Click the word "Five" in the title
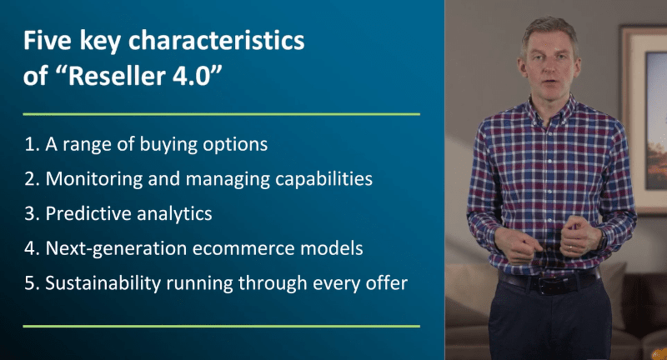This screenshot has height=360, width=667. pyautogui.click(x=48, y=40)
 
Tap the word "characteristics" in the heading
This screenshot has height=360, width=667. pyautogui.click(x=217, y=40)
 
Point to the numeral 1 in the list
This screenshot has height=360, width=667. pyautogui.click(x=29, y=144)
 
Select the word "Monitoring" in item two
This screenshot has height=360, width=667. pyautogui.click(x=94, y=179)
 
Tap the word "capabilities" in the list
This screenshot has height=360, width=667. pyautogui.click(x=323, y=179)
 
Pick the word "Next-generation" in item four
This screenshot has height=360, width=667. pyautogui.click(x=116, y=248)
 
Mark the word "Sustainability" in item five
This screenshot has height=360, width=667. pyautogui.click(x=103, y=283)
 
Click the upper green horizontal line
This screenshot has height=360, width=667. pyautogui.click(x=222, y=114)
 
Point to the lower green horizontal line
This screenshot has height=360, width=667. pyautogui.click(x=222, y=327)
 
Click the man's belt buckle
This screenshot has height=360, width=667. pyautogui.click(x=546, y=285)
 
